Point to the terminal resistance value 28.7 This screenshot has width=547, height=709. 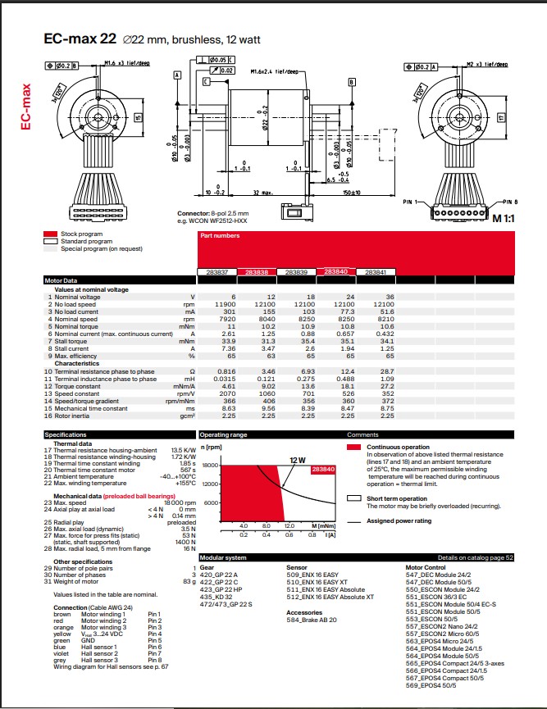coord(385,372)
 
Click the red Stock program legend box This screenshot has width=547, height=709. coord(50,234)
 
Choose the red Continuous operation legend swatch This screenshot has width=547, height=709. coord(353,448)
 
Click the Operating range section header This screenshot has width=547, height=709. coord(223,434)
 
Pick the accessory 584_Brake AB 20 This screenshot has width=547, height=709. coord(312,620)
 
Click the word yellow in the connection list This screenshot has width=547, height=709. coord(62,634)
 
